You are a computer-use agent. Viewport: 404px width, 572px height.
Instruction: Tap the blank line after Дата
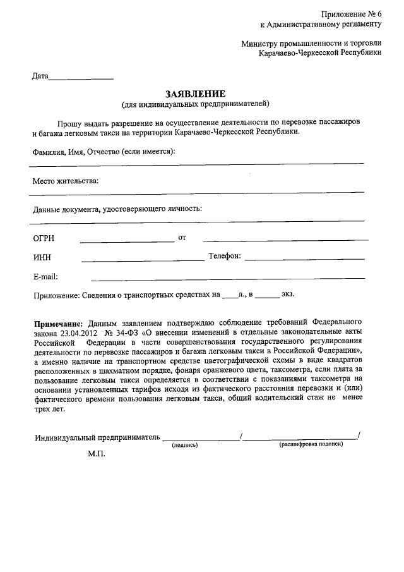pyautogui.click(x=81, y=78)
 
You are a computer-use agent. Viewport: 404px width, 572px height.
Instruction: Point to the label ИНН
pyautogui.click(x=42, y=257)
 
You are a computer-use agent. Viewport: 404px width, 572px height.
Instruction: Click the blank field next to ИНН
pyautogui.click(x=143, y=259)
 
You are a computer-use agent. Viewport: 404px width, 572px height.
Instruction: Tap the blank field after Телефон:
pyautogui.click(x=304, y=259)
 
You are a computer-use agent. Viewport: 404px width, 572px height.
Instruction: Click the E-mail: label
pyautogui.click(x=45, y=276)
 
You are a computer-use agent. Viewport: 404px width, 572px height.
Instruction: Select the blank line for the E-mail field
pyautogui.click(x=227, y=277)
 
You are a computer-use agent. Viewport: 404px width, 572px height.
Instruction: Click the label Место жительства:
pyautogui.click(x=66, y=181)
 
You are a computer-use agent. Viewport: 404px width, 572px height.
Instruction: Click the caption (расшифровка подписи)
pyautogui.click(x=311, y=445)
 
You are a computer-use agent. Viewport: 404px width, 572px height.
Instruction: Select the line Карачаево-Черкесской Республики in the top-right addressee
pyautogui.click(x=320, y=54)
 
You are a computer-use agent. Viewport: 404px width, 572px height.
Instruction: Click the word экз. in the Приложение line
pyautogui.click(x=288, y=294)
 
